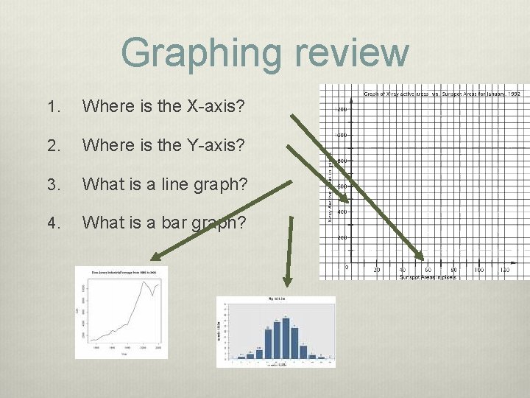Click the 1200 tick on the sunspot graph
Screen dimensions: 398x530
(x=342, y=109)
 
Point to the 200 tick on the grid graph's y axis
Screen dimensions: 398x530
(x=342, y=238)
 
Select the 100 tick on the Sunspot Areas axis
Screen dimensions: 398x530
(x=479, y=270)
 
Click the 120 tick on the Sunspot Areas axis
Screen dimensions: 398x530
(x=504, y=270)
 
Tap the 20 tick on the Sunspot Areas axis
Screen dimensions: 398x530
(x=377, y=270)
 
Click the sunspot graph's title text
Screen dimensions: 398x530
(x=442, y=94)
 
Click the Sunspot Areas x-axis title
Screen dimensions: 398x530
(x=428, y=277)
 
